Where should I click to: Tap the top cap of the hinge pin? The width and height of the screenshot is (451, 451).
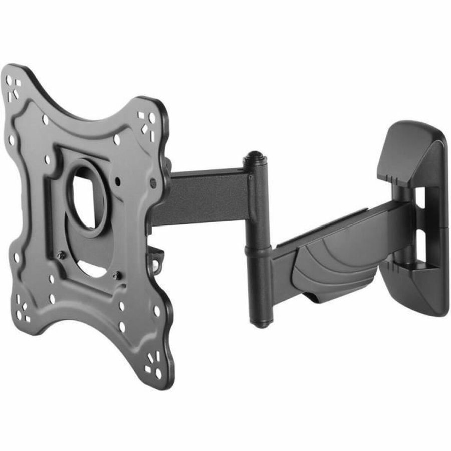pos(255,159)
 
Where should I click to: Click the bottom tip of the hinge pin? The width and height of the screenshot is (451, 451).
pos(259,323)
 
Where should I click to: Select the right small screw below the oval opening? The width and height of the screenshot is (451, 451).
pos(116,274)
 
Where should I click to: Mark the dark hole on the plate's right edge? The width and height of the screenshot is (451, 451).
pos(153,183)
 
